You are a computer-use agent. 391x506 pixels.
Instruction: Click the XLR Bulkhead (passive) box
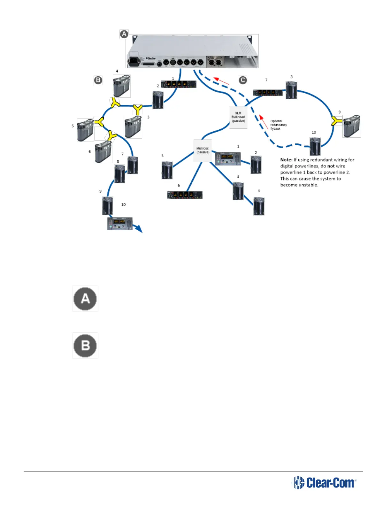pyautogui.click(x=238, y=117)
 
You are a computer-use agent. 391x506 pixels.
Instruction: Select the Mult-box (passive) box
pyautogui.click(x=203, y=150)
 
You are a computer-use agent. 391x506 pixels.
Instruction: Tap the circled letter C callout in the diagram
pyautogui.click(x=243, y=80)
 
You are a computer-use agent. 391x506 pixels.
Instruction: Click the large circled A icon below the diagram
pyautogui.click(x=85, y=299)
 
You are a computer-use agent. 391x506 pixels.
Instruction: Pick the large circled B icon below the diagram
pyautogui.click(x=85, y=346)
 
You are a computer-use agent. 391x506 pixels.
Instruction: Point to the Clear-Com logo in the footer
pyautogui.click(x=324, y=483)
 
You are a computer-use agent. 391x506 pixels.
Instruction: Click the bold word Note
pyautogui.click(x=286, y=160)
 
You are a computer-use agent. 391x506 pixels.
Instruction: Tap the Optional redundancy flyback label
pyautogui.click(x=279, y=125)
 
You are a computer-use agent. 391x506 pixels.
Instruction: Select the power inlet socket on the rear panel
pyautogui.click(x=134, y=61)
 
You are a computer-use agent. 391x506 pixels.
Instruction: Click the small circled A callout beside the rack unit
pyautogui.click(x=124, y=34)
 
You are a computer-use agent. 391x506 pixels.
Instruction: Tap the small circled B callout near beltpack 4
pyautogui.click(x=98, y=80)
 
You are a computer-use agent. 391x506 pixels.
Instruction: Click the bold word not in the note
pyautogui.click(x=331, y=166)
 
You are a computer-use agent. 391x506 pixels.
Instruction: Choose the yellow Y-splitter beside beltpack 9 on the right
pyautogui.click(x=336, y=121)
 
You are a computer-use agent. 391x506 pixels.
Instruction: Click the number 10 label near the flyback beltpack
pyautogui.click(x=314, y=132)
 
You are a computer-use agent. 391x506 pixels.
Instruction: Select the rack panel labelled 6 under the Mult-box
pyautogui.click(x=185, y=195)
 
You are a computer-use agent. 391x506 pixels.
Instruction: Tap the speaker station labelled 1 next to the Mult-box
pyautogui.click(x=228, y=159)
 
